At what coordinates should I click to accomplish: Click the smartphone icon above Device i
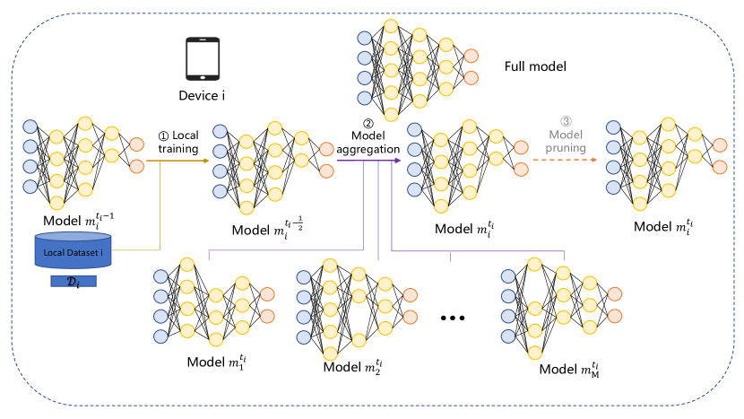point(203,59)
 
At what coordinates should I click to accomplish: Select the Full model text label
point(535,66)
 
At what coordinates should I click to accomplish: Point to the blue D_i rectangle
point(74,283)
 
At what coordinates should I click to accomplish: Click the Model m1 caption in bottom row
point(216,362)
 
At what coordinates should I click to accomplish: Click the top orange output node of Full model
point(471,56)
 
